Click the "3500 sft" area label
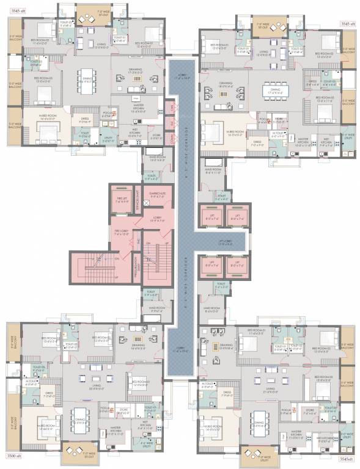click(x=14, y=456)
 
